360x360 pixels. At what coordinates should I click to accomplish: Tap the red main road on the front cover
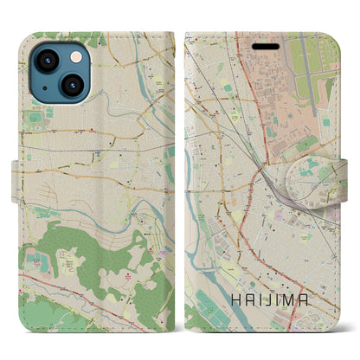251,130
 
